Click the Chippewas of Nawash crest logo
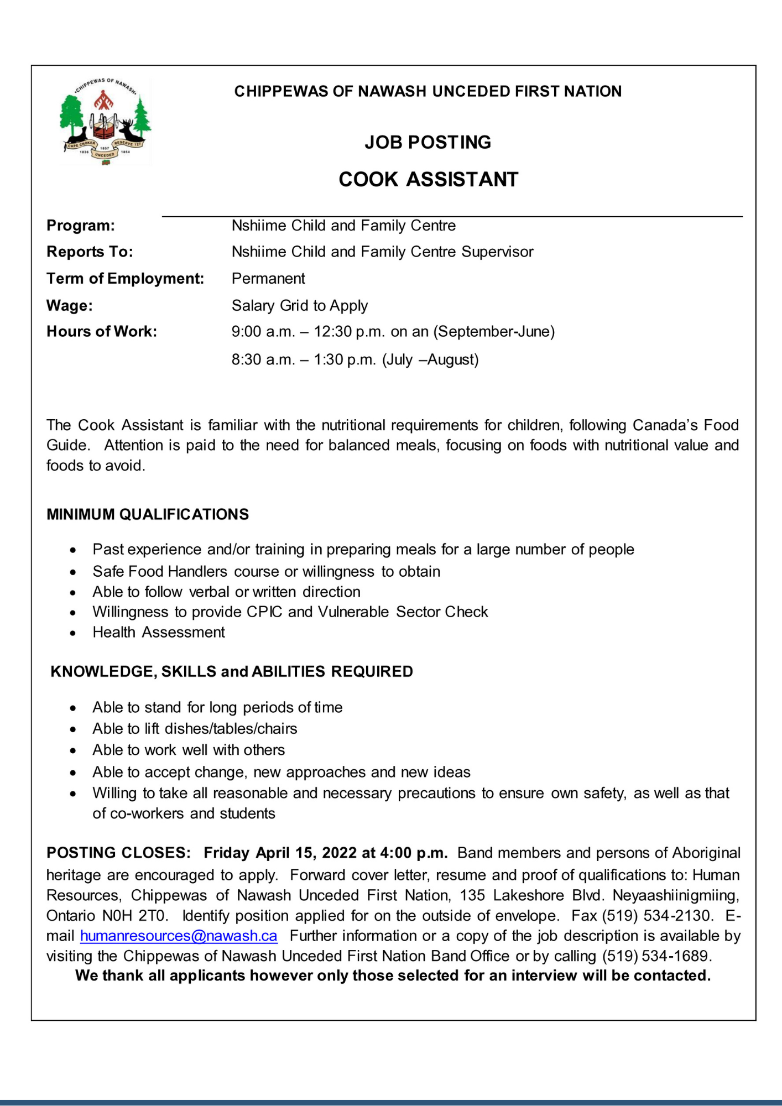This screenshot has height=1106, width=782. pyautogui.click(x=105, y=122)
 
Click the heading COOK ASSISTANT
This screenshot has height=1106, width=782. pyautogui.click(x=428, y=180)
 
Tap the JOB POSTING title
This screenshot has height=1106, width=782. pyautogui.click(x=428, y=143)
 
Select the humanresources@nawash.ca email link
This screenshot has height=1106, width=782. pyautogui.click(x=179, y=936)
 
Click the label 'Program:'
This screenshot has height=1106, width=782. pyautogui.click(x=81, y=226)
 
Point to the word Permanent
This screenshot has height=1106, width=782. pyautogui.click(x=268, y=278)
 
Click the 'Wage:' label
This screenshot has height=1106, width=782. pyautogui.click(x=70, y=305)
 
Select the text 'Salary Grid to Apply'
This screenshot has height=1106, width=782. pyautogui.click(x=299, y=305)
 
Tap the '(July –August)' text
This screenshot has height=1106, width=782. pyautogui.click(x=430, y=359)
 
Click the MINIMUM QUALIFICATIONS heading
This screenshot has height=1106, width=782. pyautogui.click(x=148, y=514)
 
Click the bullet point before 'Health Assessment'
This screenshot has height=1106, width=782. pyautogui.click(x=73, y=633)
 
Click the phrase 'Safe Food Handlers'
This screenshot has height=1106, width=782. pyautogui.click(x=160, y=571)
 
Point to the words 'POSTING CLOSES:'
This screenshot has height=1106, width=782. pyautogui.click(x=118, y=853)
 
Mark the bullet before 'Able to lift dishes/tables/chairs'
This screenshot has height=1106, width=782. pyautogui.click(x=73, y=729)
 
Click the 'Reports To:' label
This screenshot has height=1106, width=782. pyautogui.click(x=90, y=252)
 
